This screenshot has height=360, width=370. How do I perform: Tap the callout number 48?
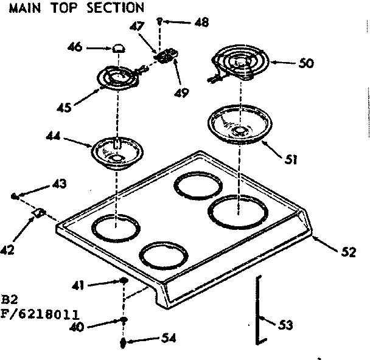click(x=200, y=22)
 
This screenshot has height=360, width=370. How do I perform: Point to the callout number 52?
click(x=347, y=253)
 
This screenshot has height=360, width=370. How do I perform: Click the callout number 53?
click(x=285, y=325)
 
